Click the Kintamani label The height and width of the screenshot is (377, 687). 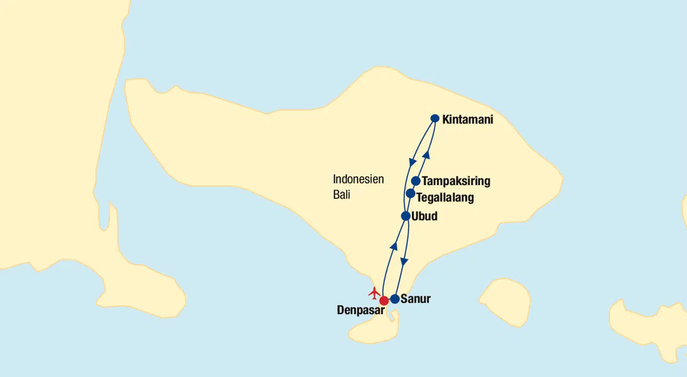pos(468,119)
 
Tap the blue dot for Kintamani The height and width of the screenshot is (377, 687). pos(435,118)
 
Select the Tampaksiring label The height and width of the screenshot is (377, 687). pos(456,181)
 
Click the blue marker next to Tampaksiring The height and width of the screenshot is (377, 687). pos(416,181)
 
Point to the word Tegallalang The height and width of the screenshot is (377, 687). pos(445,197)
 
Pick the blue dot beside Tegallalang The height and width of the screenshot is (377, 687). pos(410,193)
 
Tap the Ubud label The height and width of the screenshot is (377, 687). pos(424,217)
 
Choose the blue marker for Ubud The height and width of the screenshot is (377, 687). pos(406,216)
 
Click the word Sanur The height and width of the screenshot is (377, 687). pos(416,299)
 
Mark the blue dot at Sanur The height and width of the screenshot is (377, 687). pos(395,299)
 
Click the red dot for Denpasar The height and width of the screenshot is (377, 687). pos(384,301)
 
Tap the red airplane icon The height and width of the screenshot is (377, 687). pos(375,292)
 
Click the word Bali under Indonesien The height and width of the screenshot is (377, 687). pos(342,195)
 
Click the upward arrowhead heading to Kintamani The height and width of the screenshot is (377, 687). pos(427,154)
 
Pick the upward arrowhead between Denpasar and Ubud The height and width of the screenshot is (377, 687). pos(394,246)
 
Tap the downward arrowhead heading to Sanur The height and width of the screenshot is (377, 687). pos(404,262)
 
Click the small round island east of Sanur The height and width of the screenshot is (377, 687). pos(505,302)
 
